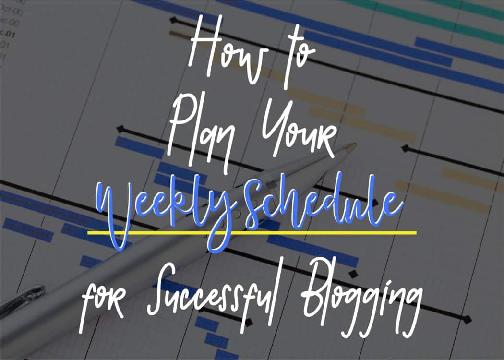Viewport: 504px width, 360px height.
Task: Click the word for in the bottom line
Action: click(x=102, y=300)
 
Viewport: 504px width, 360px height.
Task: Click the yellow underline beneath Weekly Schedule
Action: click(x=252, y=232)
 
